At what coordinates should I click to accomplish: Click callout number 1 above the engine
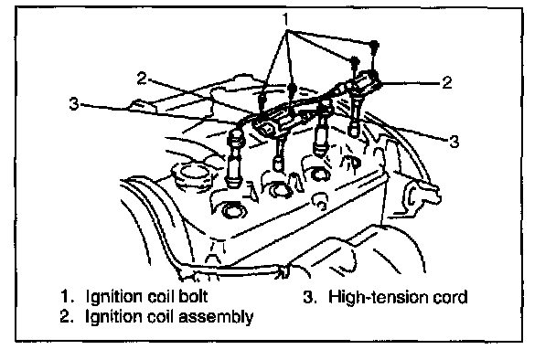(286, 19)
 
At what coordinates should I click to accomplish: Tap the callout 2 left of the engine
(142, 78)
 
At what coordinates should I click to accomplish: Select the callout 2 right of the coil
(447, 82)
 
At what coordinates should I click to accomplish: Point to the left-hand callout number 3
(74, 103)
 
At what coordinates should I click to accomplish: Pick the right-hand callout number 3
(454, 142)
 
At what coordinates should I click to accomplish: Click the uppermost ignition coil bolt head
(374, 45)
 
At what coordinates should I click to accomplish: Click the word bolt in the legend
(193, 296)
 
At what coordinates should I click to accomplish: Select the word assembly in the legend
(216, 316)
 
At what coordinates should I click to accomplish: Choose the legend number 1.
(67, 296)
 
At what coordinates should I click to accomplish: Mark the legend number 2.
(67, 316)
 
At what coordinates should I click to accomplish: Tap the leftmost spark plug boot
(235, 160)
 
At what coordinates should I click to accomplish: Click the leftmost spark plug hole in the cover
(231, 210)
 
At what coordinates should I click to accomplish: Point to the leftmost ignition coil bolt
(262, 100)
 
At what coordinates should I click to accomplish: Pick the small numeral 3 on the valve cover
(320, 206)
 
